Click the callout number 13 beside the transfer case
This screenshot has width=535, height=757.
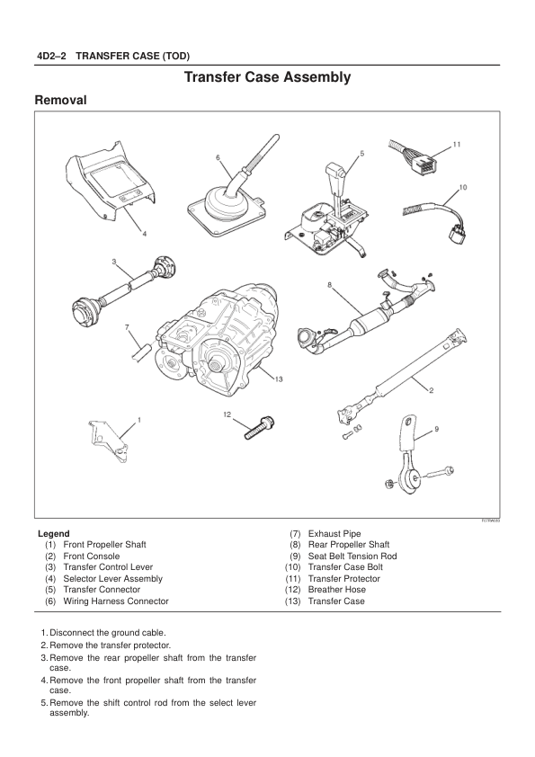click(x=279, y=379)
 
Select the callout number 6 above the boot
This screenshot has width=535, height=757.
click(x=218, y=157)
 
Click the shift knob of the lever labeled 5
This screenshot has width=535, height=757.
click(x=335, y=173)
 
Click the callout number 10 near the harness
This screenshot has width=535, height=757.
click(x=462, y=187)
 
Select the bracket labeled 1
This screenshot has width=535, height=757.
click(x=108, y=441)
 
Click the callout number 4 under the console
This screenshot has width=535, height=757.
click(x=144, y=234)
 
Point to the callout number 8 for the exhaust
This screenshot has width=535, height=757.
click(x=329, y=285)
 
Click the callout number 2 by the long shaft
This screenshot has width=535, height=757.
click(x=431, y=390)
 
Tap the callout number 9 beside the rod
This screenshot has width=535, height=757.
click(x=436, y=429)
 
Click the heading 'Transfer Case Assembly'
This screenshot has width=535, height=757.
click(x=268, y=77)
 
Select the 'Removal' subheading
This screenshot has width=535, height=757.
click(x=61, y=101)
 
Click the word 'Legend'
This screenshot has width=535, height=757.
click(x=54, y=533)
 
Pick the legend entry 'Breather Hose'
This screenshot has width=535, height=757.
click(x=336, y=590)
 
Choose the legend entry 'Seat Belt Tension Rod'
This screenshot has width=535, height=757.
click(x=352, y=557)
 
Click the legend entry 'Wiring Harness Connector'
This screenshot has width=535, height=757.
click(x=116, y=601)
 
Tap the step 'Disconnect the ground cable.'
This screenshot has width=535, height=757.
click(x=108, y=632)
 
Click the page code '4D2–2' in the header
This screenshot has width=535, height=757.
click(x=51, y=56)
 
